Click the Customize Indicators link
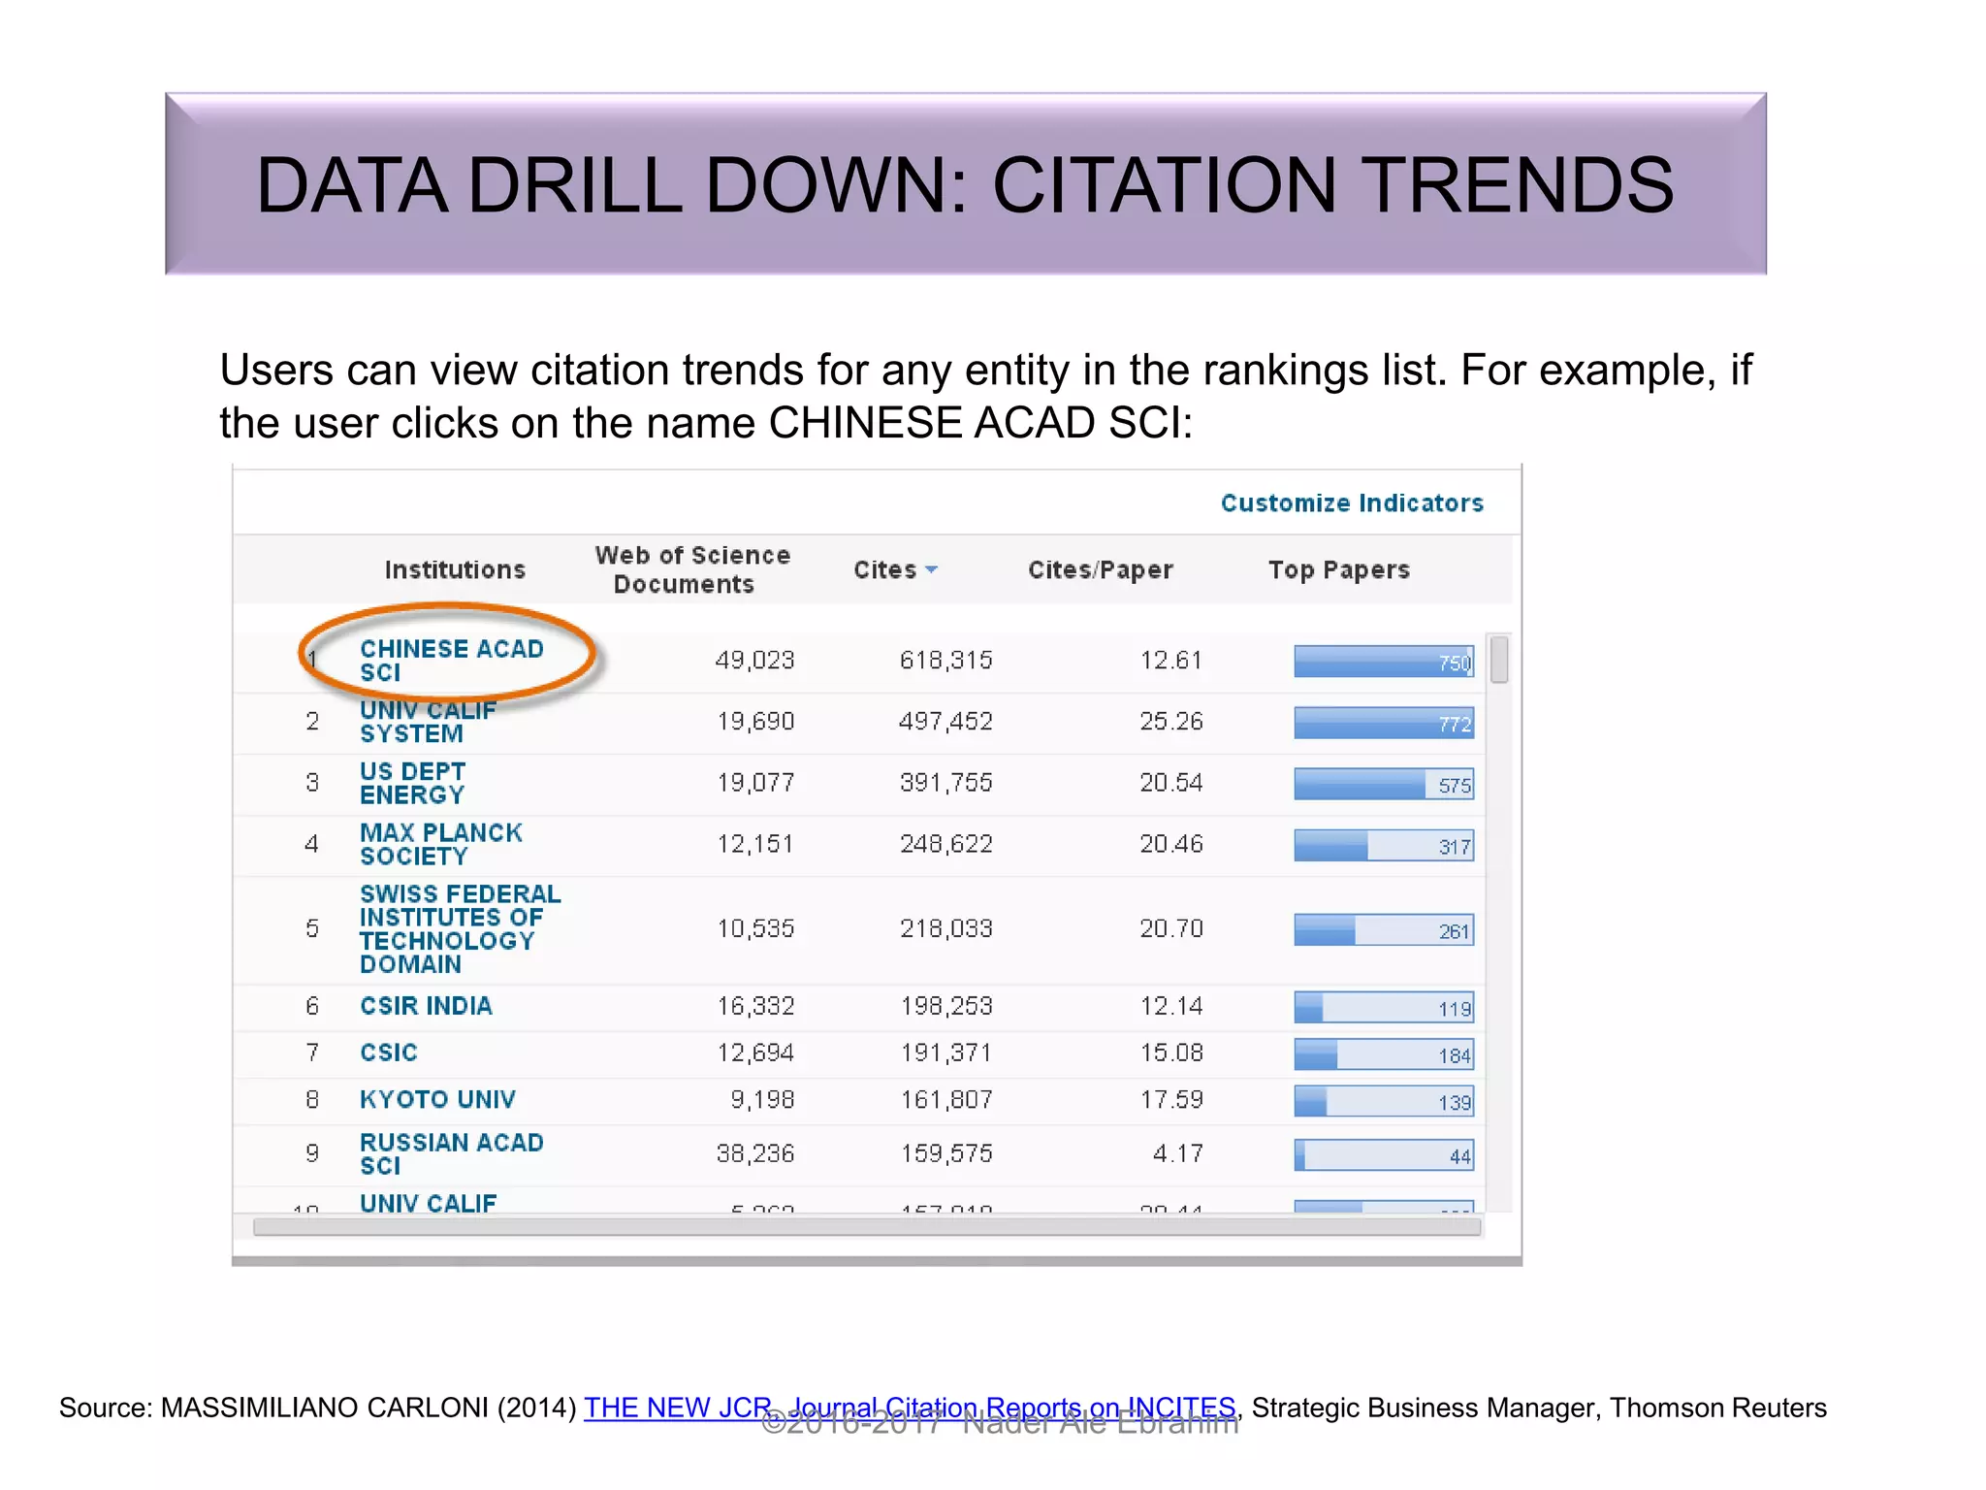coord(1352,502)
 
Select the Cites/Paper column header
coord(1100,569)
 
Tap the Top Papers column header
coord(1338,569)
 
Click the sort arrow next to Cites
coord(932,569)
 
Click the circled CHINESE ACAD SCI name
coord(451,660)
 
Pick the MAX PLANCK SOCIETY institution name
coord(440,844)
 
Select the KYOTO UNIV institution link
coord(437,1099)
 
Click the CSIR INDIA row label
coord(426,1006)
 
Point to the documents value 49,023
coord(754,661)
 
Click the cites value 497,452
coord(945,722)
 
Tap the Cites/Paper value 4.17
coord(1177,1153)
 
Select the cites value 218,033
coord(945,928)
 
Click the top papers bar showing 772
coord(1383,723)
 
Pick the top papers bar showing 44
coord(1383,1154)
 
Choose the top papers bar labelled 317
coord(1383,845)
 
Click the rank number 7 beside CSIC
coord(312,1053)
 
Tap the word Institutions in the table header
coord(455,569)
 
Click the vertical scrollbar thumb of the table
coord(1498,660)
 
